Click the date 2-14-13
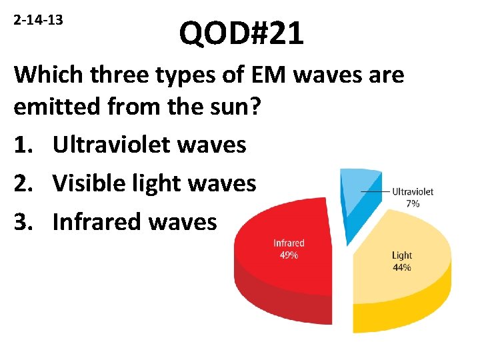[38, 20]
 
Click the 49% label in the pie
[289, 255]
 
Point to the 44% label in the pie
[402, 267]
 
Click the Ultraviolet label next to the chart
[412, 191]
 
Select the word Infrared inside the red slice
[289, 243]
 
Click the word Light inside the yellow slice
[402, 255]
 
